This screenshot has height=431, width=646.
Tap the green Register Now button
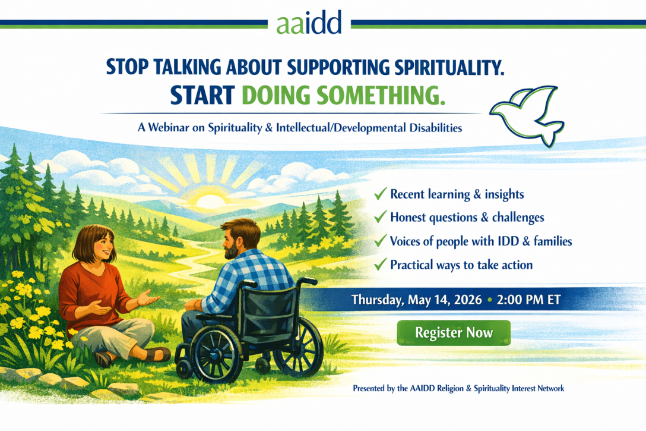click(x=454, y=333)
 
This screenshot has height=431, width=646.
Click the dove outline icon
click(x=525, y=115)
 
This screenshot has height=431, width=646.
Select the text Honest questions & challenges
click(x=467, y=218)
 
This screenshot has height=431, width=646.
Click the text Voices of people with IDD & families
click(x=481, y=241)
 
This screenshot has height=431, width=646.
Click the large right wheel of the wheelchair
click(x=297, y=345)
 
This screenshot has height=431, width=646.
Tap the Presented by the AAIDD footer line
click(x=458, y=388)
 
